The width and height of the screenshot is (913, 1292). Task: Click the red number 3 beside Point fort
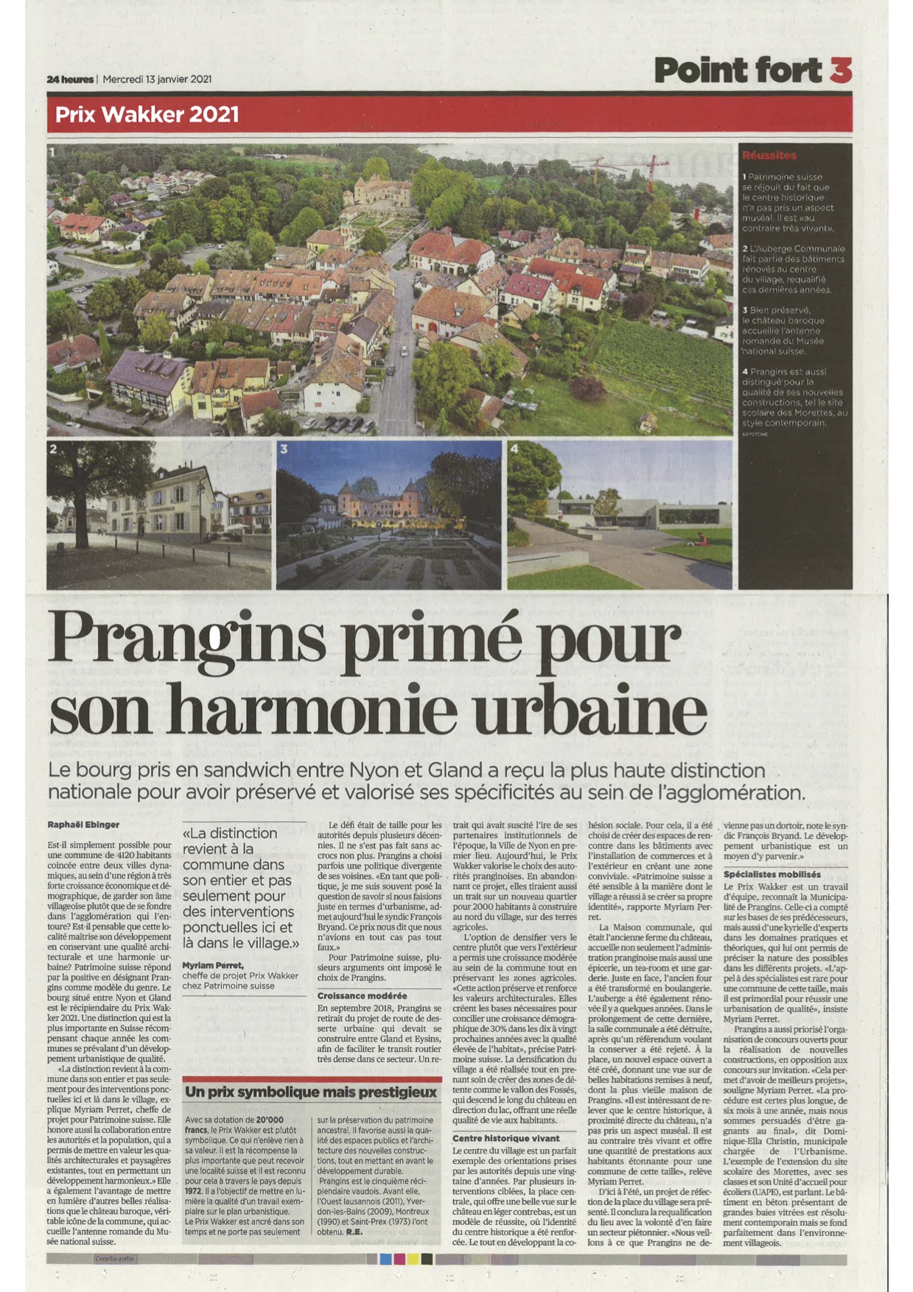[840, 70]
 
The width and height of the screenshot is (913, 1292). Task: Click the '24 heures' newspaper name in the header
[70, 80]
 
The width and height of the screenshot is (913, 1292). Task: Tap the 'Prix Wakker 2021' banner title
[147, 115]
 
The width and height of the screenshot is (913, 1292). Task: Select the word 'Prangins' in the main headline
[186, 639]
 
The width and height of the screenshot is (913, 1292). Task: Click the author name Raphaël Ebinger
[83, 824]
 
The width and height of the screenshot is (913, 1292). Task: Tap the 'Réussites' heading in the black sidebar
[769, 155]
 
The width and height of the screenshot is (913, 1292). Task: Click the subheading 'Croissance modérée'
[362, 996]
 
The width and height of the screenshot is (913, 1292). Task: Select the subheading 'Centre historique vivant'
[506, 1138]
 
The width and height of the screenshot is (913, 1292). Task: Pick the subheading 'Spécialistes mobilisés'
[772, 874]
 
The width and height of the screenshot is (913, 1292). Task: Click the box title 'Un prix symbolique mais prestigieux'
[311, 1092]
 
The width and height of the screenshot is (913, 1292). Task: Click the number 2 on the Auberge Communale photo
[53, 449]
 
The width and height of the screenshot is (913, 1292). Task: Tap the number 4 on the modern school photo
[514, 449]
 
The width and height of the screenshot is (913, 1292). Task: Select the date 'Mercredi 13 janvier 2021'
[157, 80]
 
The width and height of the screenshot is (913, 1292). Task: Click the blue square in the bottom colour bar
[385, 1259]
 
